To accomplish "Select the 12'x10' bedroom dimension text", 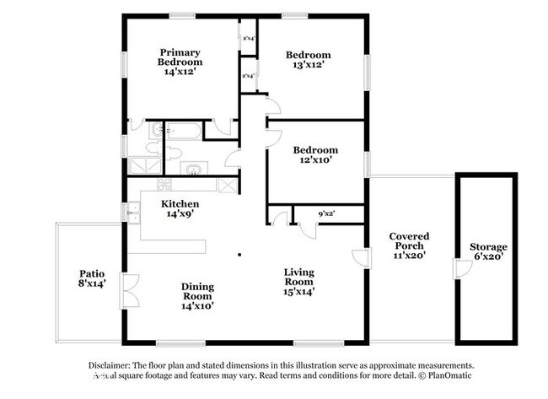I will (315, 160).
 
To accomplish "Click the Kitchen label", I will (180, 204).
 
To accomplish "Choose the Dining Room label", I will (197, 291).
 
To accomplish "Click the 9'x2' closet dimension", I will (327, 214).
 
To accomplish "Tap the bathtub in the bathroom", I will (182, 131).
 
